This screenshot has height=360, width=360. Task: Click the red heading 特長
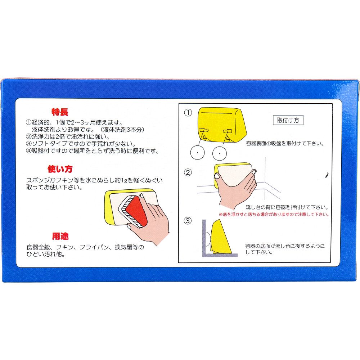point(60,112)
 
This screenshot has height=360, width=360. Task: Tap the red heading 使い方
point(60,169)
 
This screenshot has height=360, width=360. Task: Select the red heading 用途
point(60,236)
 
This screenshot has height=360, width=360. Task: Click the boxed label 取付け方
point(288,120)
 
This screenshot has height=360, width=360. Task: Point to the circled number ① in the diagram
point(188,113)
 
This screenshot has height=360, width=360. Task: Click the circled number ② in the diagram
point(188,172)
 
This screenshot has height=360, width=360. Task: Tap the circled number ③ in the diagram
point(188,221)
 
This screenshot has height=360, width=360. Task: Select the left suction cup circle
point(197,153)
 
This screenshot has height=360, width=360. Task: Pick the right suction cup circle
point(220,153)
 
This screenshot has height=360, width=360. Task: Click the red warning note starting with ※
point(274,215)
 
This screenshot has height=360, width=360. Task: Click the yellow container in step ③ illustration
point(220,237)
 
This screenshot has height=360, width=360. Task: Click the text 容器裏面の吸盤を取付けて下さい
point(285,144)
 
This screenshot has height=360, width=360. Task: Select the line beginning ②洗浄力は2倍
point(68,136)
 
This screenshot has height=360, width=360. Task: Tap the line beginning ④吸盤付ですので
point(92,151)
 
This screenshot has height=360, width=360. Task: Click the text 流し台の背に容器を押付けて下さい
point(287,207)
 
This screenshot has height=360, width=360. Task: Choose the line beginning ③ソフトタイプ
point(81,144)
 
